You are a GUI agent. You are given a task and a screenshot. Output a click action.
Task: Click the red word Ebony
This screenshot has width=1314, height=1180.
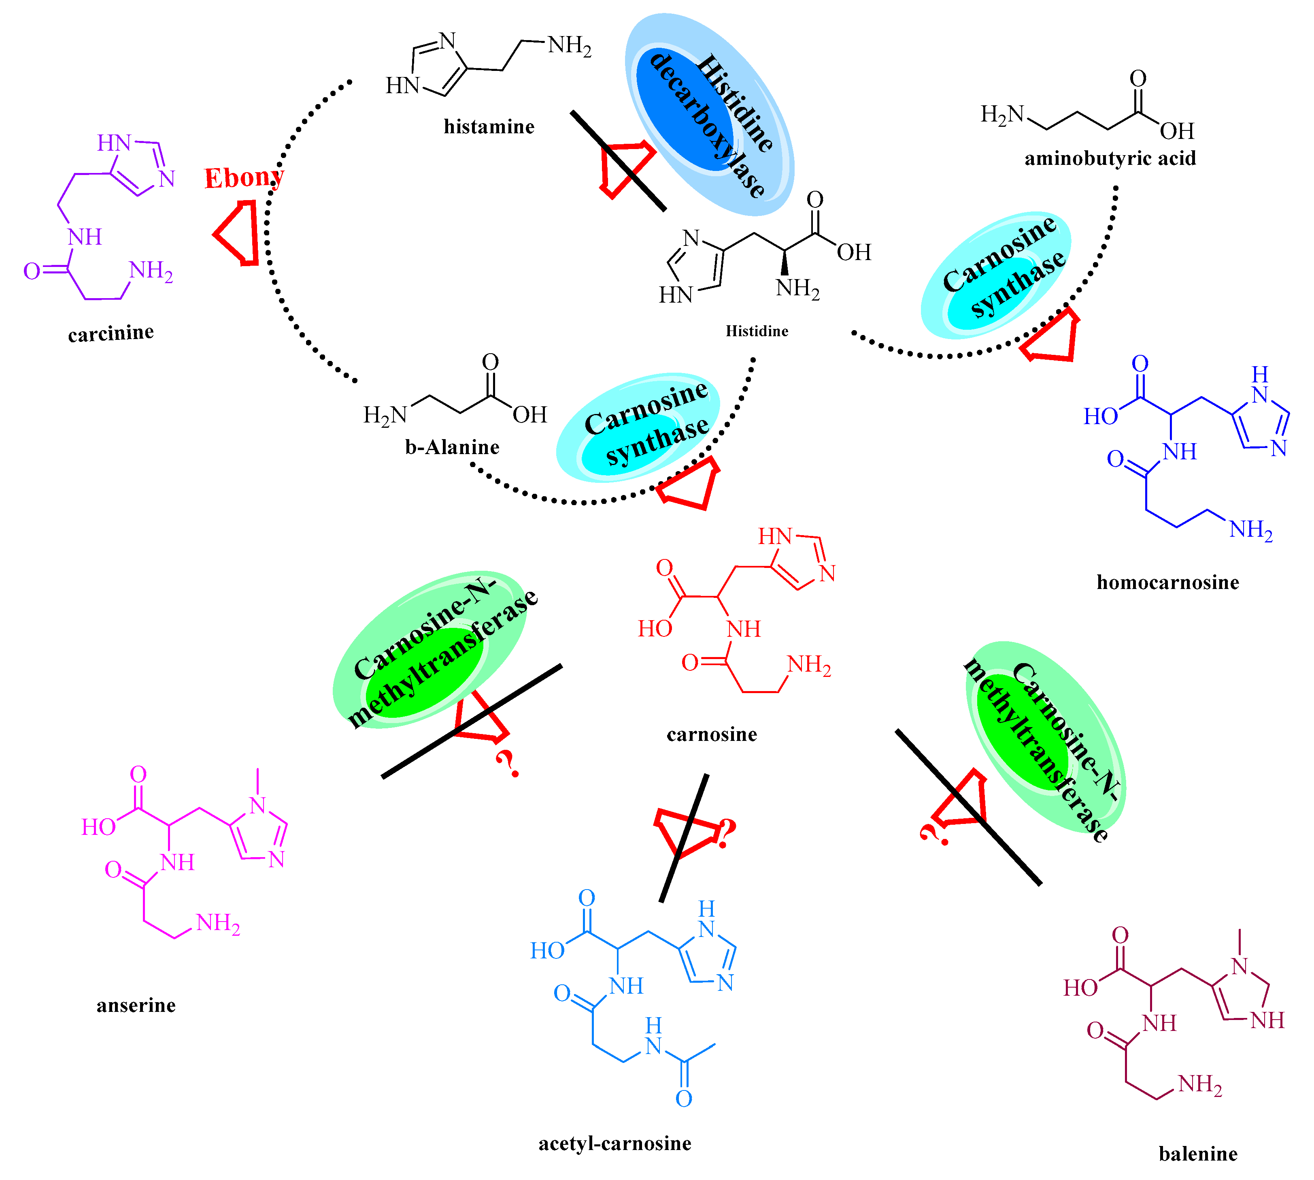[x=243, y=178]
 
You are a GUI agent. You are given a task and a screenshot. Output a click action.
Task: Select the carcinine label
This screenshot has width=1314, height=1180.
[x=111, y=333]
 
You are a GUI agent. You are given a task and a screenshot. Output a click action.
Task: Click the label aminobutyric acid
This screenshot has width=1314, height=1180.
[x=1110, y=158]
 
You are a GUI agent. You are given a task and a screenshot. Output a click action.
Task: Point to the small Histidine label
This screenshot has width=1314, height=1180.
[x=757, y=331]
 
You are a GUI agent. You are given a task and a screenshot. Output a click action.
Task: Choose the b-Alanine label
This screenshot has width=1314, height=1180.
[x=452, y=447]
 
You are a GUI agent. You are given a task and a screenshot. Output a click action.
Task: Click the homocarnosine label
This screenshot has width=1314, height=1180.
[x=1167, y=582]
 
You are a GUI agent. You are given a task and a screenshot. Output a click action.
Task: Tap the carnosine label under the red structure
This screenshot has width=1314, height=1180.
[x=711, y=734]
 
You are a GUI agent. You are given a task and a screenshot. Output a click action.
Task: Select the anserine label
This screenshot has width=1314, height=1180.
[x=136, y=1005]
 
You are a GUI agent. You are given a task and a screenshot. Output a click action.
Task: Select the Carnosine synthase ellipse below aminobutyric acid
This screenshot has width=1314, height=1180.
[x=996, y=275]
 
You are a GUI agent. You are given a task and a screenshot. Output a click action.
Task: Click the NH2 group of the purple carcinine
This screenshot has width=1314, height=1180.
[x=151, y=271]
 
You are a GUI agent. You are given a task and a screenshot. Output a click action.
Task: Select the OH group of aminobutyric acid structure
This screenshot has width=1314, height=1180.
[x=1177, y=131]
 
